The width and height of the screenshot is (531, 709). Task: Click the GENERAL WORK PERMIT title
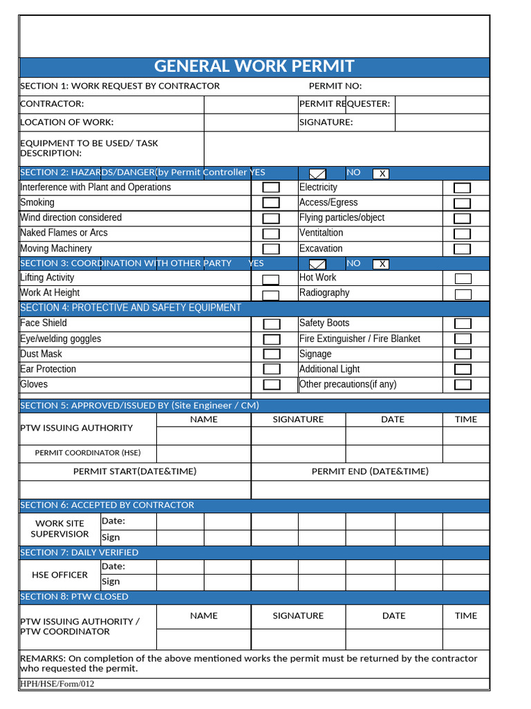(254, 66)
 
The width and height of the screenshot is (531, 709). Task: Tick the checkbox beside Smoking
(271, 203)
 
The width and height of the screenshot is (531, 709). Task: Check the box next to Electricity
(462, 188)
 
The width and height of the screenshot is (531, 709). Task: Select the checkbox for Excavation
(462, 249)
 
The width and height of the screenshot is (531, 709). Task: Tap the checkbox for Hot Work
(463, 279)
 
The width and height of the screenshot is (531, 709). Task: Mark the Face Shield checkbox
(272, 324)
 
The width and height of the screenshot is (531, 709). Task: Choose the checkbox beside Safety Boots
(463, 324)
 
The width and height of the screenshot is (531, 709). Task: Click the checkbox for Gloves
(272, 385)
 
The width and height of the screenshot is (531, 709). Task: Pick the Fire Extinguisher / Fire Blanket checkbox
(463, 339)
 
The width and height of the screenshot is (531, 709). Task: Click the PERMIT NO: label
(335, 87)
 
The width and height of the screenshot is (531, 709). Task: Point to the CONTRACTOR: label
(53, 104)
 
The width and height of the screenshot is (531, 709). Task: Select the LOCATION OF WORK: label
(67, 123)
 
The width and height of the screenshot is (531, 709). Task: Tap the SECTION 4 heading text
(131, 308)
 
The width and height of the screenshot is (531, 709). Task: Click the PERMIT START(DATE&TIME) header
(135, 472)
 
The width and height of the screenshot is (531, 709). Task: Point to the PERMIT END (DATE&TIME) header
(370, 472)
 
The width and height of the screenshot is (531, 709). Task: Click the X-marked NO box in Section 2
(381, 174)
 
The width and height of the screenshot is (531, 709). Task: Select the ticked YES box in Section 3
(317, 264)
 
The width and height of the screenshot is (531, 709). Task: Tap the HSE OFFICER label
(60, 575)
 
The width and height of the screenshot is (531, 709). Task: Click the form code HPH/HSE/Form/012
(57, 684)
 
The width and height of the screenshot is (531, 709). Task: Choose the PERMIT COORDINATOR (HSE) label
(88, 453)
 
